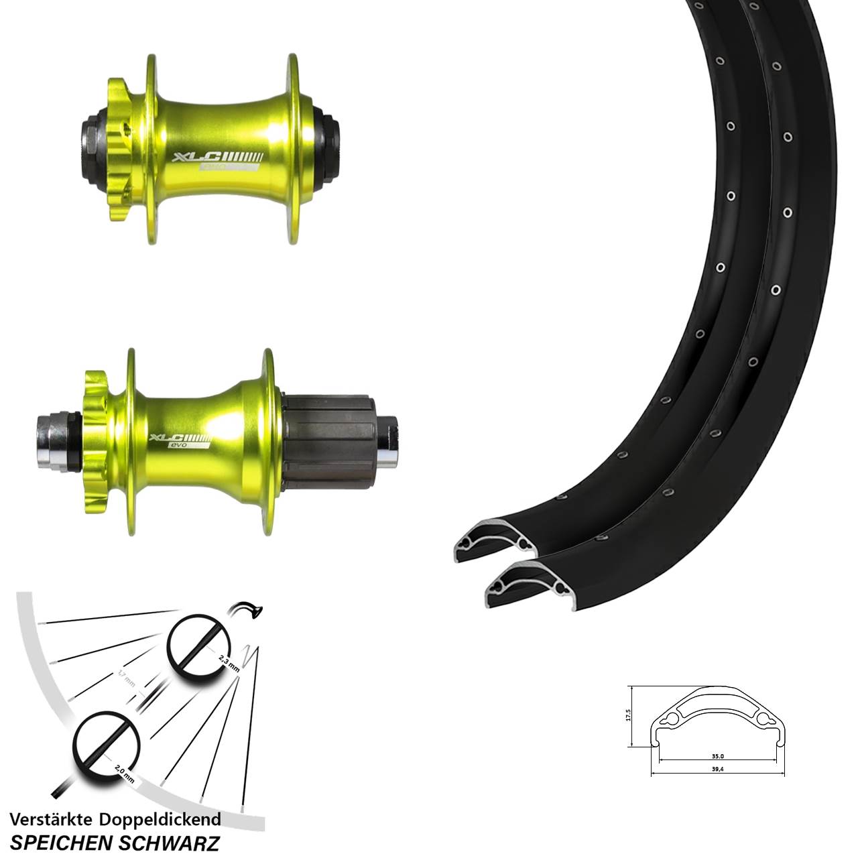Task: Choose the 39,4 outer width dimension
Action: click(x=717, y=769)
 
